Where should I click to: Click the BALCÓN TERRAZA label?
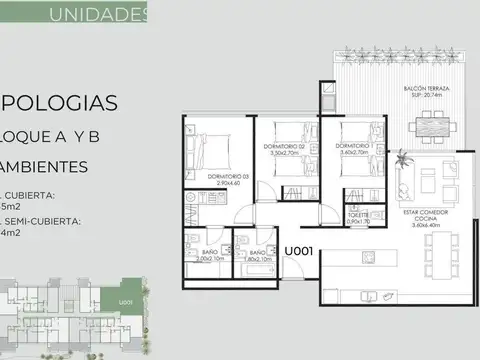[x=431, y=87]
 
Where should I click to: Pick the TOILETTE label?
[x=357, y=214]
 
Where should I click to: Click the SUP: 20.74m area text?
[x=431, y=96]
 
